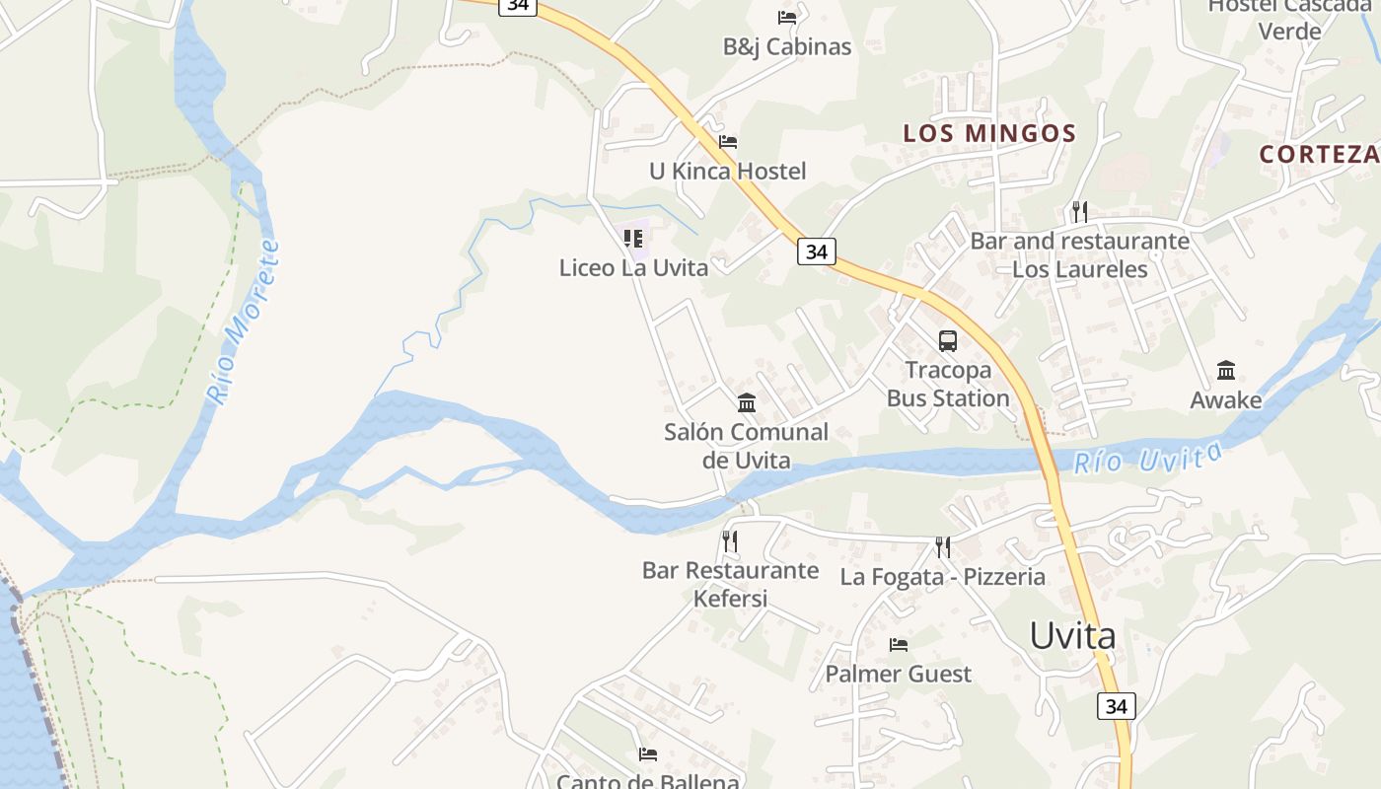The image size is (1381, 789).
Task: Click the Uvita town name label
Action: click(x=1072, y=636)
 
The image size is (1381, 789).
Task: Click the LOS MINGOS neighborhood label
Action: click(x=989, y=133)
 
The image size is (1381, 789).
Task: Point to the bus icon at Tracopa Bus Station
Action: click(x=947, y=341)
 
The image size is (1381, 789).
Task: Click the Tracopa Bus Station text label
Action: click(x=947, y=385)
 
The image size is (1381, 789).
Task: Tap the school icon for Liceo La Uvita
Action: click(x=633, y=239)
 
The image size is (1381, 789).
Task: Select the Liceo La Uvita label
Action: click(x=633, y=267)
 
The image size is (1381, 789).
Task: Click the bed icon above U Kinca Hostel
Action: click(x=728, y=142)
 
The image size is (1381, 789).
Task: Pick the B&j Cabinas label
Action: click(x=787, y=46)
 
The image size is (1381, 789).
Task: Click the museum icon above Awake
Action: click(x=1225, y=371)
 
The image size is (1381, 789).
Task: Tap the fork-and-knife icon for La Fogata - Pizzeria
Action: click(x=943, y=546)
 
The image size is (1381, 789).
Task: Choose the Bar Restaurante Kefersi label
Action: click(x=730, y=584)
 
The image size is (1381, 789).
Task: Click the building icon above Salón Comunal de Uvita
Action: click(x=747, y=402)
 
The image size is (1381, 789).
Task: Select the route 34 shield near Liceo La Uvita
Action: click(x=816, y=251)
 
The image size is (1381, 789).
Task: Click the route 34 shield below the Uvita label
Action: click(x=1116, y=706)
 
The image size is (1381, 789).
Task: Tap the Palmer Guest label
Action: click(x=898, y=674)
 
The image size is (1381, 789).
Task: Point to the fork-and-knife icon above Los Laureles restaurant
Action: click(x=1080, y=211)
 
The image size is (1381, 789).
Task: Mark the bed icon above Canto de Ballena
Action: click(x=648, y=754)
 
